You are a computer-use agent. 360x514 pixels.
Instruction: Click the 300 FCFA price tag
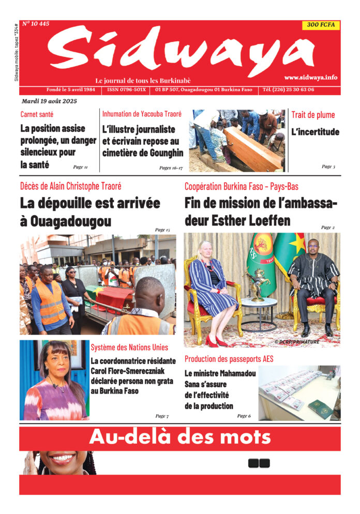[321, 25]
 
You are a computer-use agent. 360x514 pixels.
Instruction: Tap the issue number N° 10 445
[36, 24]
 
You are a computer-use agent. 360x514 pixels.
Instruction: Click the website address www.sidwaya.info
[310, 77]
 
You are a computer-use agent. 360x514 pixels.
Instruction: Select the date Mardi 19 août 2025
[49, 101]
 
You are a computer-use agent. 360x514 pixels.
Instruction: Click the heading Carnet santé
[37, 114]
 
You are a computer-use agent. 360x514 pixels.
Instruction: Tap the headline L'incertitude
[315, 132]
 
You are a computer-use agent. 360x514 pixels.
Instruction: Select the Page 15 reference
[162, 230]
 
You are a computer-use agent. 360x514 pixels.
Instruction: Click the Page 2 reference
[327, 227]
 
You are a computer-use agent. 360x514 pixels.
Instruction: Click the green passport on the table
[320, 410]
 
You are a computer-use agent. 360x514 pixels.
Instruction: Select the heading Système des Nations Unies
[129, 347]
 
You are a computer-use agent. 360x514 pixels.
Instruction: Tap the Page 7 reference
[161, 416]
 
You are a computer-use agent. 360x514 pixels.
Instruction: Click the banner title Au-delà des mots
[179, 437]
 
